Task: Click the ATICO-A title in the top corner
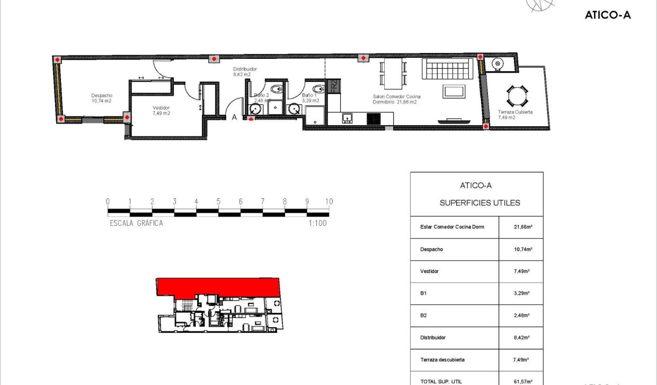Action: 608,15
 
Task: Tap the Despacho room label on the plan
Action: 102,95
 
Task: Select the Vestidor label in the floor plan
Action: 161,108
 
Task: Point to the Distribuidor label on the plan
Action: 245,69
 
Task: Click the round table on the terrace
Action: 517,97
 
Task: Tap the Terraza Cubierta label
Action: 515,112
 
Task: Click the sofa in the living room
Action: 446,68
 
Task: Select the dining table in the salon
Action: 393,74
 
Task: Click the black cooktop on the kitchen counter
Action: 374,119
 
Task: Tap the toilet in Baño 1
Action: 317,89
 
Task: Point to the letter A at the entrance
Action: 234,118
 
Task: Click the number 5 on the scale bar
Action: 218,202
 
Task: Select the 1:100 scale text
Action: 317,223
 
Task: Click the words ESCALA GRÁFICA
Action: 136,223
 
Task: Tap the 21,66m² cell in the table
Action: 522,227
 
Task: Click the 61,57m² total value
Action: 522,381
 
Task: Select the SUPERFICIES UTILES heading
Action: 480,203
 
